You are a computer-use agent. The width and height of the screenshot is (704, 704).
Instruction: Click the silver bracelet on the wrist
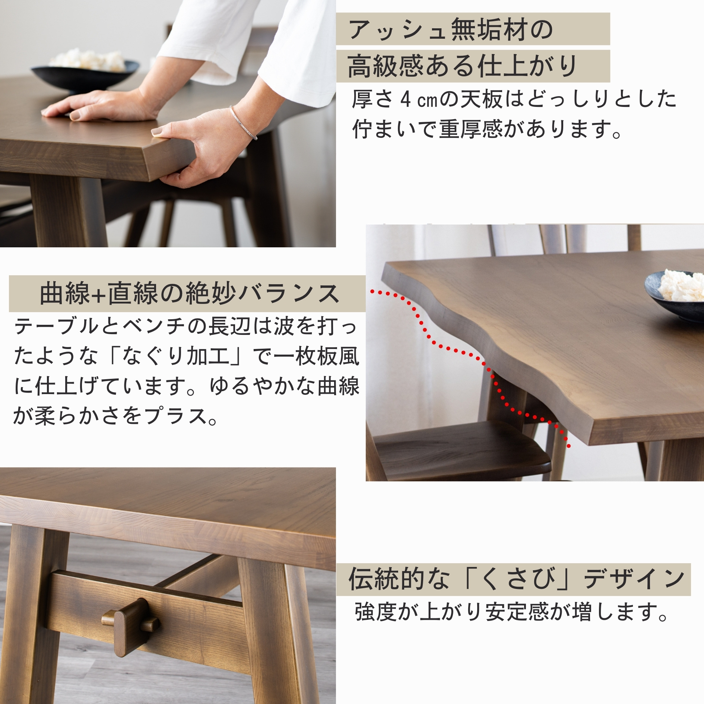point(242,123)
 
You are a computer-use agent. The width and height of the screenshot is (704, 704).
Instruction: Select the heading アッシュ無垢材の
point(451,29)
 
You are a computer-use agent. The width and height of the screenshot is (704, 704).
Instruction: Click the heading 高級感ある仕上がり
point(462,66)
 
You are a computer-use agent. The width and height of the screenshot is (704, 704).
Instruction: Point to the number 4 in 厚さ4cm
point(406,99)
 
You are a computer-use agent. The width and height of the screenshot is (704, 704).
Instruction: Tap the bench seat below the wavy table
point(462,451)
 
